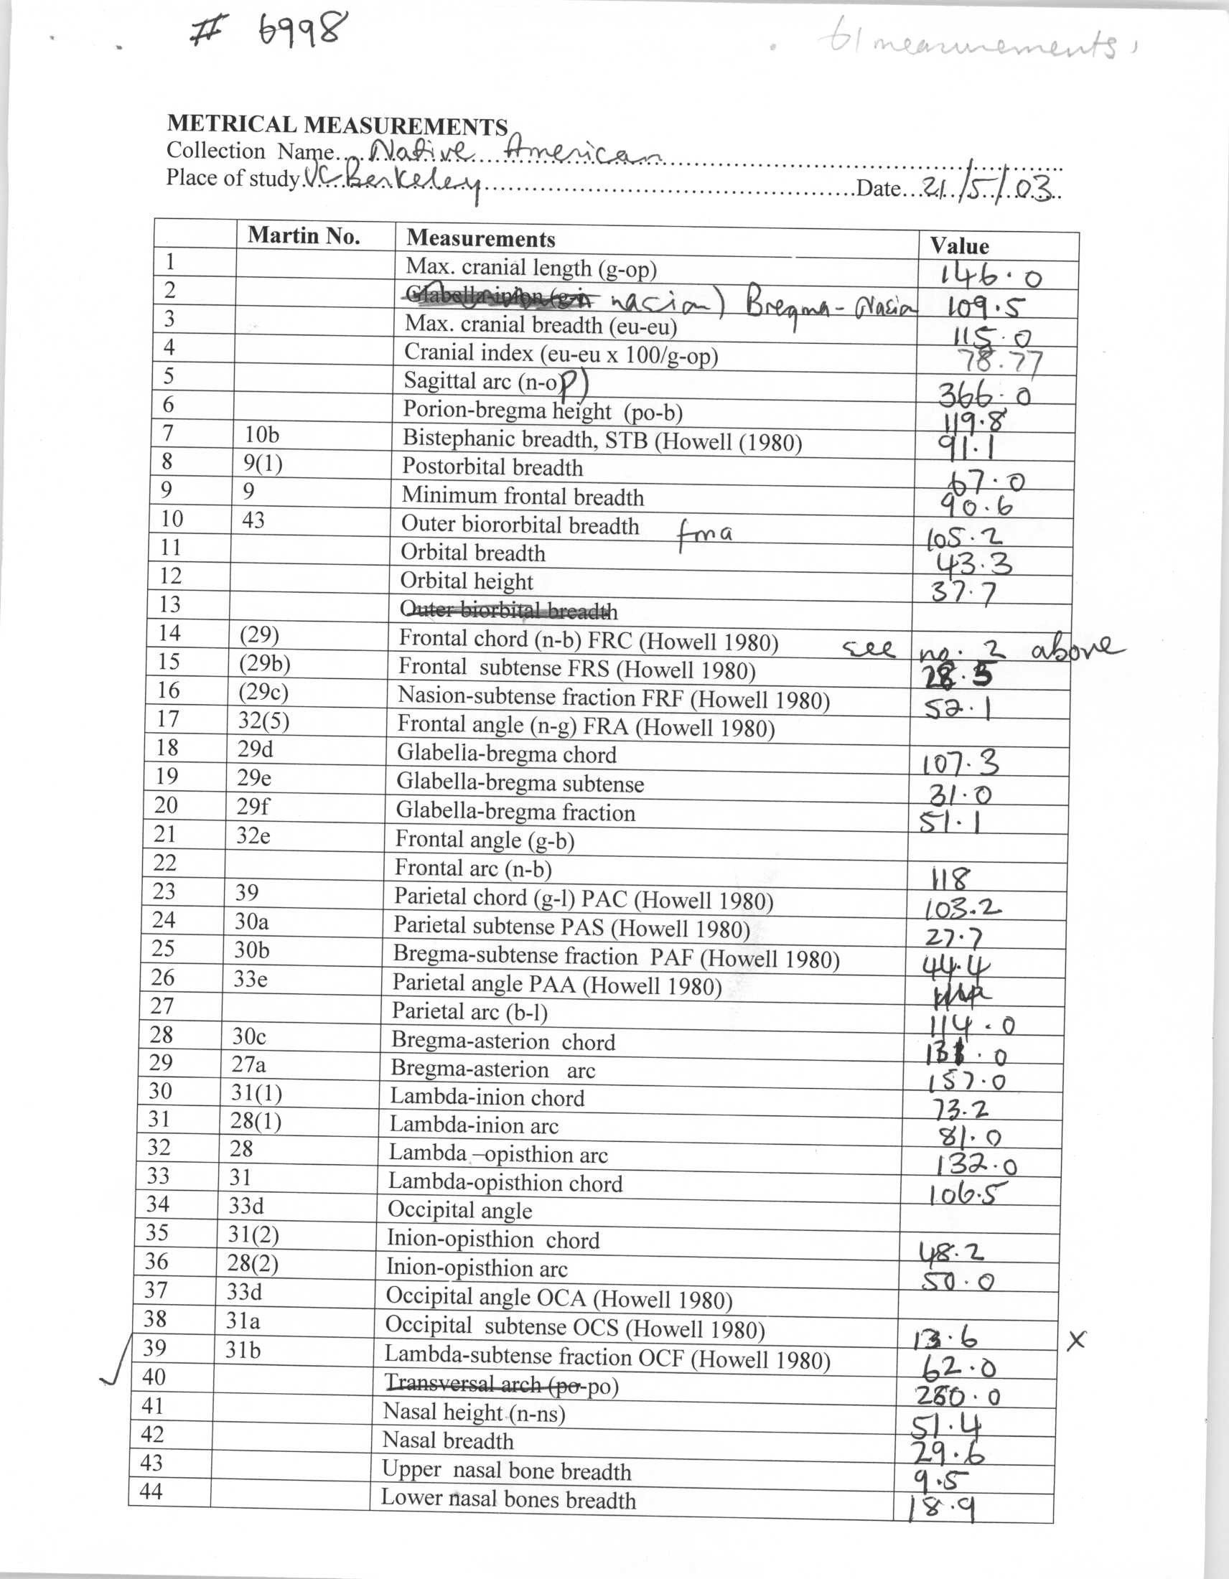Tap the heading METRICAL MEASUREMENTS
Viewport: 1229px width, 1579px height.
tap(337, 125)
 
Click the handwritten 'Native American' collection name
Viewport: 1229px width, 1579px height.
tap(515, 152)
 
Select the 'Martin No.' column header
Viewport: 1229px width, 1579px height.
tap(304, 235)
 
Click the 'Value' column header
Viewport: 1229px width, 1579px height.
tap(959, 245)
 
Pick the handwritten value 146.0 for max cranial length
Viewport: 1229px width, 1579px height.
tap(991, 276)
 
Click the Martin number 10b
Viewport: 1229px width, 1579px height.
tap(262, 434)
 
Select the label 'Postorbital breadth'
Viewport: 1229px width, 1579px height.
tap(492, 467)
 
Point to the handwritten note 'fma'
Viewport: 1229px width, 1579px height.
tap(704, 535)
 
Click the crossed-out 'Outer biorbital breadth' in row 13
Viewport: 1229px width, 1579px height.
tap(508, 611)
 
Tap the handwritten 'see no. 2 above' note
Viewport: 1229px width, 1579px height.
tap(983, 650)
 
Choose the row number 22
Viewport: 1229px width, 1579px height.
tap(165, 863)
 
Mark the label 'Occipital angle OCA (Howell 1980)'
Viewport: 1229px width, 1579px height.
tap(559, 1298)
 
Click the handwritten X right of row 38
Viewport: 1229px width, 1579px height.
tap(1076, 1341)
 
